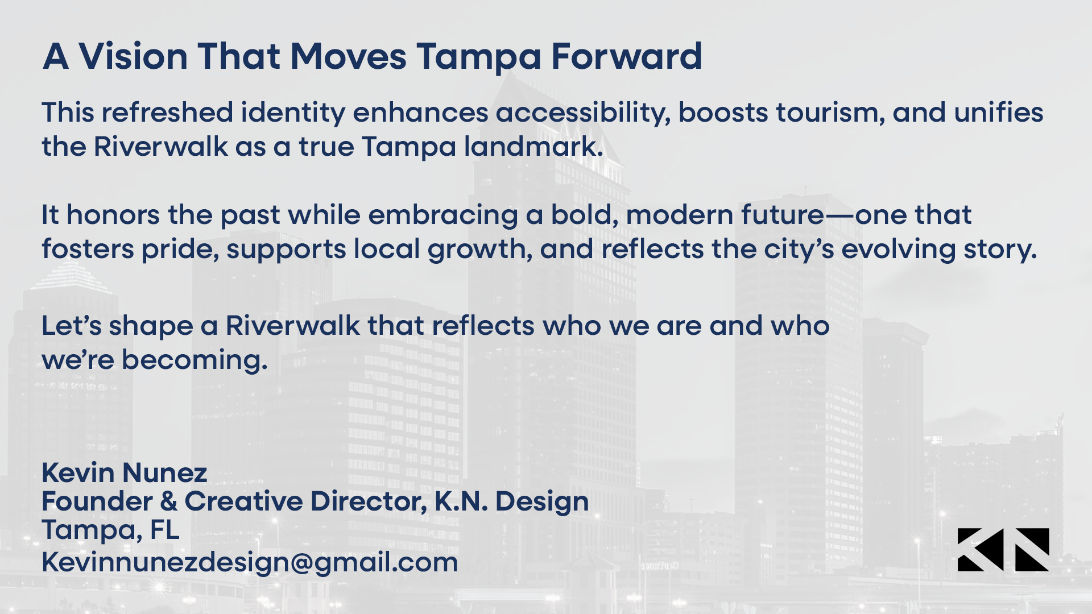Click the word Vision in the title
coord(133,56)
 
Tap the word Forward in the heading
coord(627,56)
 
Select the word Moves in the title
coord(348,56)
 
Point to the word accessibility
coord(583,113)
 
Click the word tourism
coord(831,113)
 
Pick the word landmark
coord(533,147)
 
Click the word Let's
coord(72,326)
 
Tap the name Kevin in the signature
coord(78,472)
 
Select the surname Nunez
coord(165,472)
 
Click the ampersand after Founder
coord(169,501)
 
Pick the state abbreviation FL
coord(165,530)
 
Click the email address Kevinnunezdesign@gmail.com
coord(250,563)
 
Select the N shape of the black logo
coord(1032,550)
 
